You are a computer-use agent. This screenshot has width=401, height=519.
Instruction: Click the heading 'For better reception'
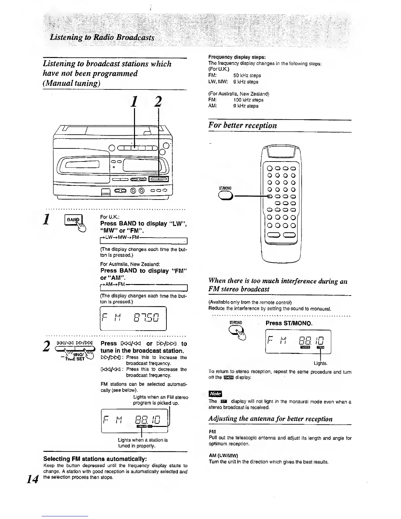(x=242, y=125)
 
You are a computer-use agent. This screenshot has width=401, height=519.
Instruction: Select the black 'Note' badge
(x=215, y=394)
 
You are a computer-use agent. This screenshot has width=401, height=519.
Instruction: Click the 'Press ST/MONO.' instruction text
(x=289, y=323)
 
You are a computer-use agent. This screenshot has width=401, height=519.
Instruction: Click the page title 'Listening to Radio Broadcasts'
(x=102, y=37)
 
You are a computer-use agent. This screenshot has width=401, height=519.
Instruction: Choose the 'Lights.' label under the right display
(x=321, y=363)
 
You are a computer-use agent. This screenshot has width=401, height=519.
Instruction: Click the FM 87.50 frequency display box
(x=133, y=318)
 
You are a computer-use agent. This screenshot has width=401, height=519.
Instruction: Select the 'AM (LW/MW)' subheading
(x=223, y=456)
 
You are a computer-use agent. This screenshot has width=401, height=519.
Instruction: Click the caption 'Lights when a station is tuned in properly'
(x=143, y=443)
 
